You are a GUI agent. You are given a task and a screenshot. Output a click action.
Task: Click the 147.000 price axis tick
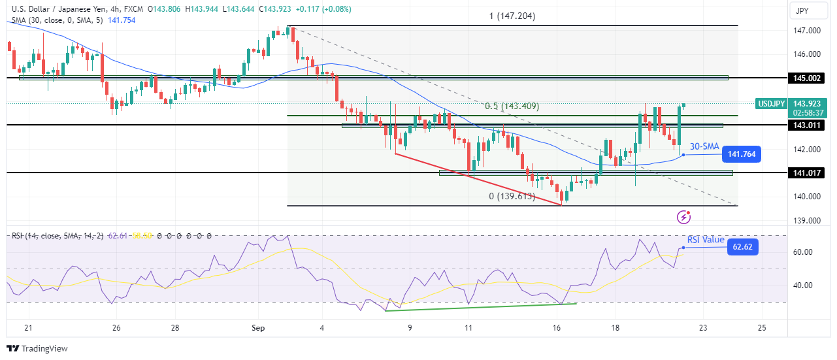(x=806, y=31)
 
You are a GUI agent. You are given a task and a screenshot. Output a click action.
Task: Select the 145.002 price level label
(x=807, y=78)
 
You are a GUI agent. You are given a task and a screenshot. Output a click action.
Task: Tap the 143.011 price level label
(x=807, y=125)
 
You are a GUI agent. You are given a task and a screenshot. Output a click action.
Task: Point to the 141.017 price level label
(x=807, y=172)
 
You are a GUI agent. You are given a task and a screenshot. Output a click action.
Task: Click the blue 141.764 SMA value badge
(x=743, y=155)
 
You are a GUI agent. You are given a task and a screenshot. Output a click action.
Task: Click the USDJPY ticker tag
(x=770, y=103)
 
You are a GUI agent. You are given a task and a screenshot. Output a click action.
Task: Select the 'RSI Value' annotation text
(x=706, y=240)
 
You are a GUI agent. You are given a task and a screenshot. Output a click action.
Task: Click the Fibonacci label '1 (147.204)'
(x=512, y=16)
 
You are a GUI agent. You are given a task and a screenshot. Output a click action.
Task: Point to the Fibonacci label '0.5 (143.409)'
(x=512, y=106)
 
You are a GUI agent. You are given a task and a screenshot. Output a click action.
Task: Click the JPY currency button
(x=810, y=10)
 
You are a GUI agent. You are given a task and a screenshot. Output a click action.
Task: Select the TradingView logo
(x=37, y=348)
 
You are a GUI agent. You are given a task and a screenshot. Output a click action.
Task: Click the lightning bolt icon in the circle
(x=683, y=216)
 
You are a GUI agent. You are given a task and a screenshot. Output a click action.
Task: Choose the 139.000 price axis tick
(x=806, y=220)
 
